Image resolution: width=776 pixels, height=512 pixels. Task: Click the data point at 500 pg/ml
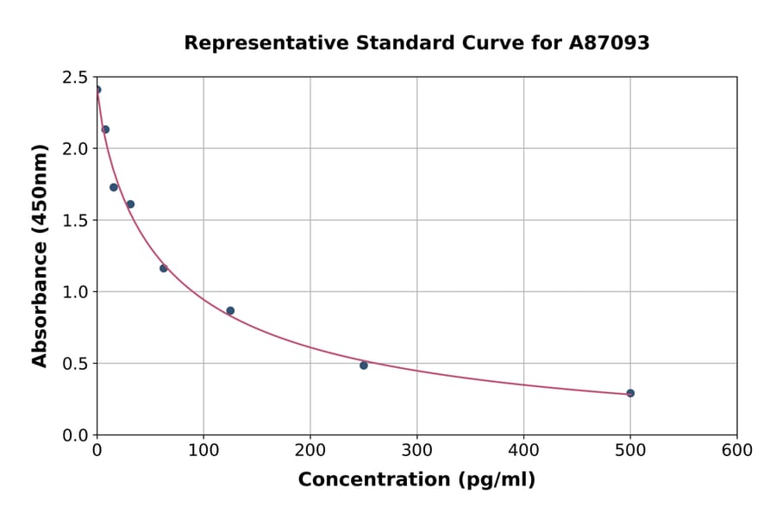(630, 393)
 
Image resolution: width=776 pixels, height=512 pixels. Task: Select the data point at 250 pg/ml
(364, 365)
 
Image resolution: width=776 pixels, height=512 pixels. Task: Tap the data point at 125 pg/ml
(230, 311)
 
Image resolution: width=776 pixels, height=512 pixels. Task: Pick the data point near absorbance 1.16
(164, 268)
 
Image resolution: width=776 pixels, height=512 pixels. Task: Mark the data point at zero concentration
(97, 90)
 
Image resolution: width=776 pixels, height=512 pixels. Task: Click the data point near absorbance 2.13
(105, 129)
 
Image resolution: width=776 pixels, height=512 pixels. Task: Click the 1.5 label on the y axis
(75, 221)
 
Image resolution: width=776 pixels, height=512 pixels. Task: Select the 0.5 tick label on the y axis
(75, 364)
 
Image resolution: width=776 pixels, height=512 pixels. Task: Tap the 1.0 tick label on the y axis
(75, 292)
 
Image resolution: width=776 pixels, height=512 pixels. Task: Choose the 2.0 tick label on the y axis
(75, 149)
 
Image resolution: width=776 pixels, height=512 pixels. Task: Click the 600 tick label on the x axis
(736, 451)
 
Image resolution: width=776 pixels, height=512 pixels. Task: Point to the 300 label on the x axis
(416, 451)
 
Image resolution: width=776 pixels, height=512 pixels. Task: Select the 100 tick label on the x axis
(203, 451)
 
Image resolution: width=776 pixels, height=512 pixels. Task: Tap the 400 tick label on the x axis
(523, 451)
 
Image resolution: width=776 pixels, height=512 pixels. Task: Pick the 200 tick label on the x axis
(310, 451)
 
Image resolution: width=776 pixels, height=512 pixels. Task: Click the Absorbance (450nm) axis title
(40, 255)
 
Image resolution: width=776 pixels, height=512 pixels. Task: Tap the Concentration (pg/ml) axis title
(416, 480)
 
